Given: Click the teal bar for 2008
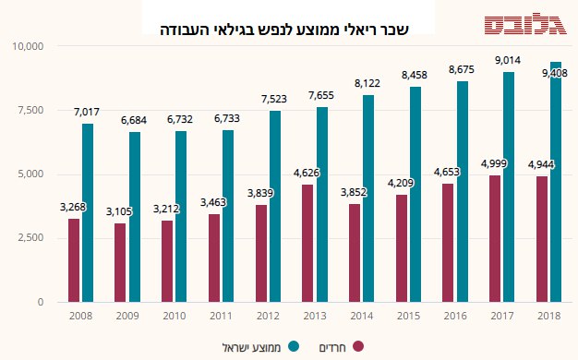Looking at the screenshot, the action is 88,213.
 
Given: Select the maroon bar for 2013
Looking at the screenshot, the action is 307,244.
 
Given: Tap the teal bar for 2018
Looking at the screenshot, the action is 556,182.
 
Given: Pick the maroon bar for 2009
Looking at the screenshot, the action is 120,263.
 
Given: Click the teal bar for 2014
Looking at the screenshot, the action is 368,198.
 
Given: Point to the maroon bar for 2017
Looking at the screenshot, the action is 495,239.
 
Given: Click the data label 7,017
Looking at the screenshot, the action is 87,112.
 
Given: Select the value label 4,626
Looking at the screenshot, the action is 307,173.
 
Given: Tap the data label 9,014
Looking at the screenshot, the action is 508,60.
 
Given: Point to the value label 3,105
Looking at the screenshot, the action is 119,211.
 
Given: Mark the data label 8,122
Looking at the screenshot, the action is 367,83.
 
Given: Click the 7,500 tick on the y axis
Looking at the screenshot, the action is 30,110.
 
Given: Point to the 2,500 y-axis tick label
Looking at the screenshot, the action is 30,237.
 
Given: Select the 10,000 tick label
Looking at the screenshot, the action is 28,46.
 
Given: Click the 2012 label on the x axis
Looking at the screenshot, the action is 268,316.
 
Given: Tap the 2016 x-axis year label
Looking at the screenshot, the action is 455,316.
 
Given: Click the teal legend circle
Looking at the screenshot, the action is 294,346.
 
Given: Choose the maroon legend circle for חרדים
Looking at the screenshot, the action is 358,346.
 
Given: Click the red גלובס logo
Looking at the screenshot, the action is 525,26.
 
